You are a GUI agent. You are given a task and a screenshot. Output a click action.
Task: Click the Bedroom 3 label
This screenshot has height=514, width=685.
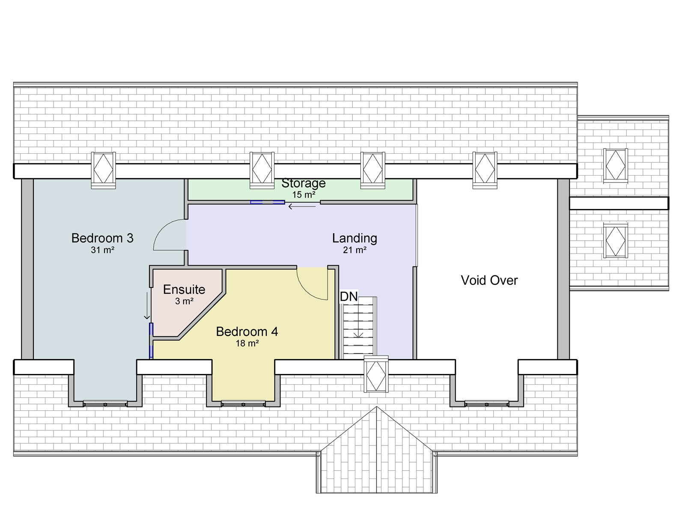click(x=102, y=238)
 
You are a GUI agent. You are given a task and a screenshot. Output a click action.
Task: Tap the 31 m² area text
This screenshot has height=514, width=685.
click(x=102, y=250)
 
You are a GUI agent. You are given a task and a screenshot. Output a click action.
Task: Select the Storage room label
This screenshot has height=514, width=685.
click(x=303, y=183)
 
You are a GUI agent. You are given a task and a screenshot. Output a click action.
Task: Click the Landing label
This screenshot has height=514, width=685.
click(x=354, y=238)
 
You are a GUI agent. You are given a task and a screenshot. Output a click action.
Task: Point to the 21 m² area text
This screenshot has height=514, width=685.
click(x=354, y=250)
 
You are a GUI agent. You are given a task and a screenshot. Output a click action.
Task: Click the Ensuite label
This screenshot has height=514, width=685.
click(x=184, y=290)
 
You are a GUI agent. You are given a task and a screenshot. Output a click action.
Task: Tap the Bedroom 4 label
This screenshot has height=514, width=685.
click(x=247, y=332)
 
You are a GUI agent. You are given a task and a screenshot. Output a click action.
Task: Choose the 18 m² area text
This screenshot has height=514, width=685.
click(x=247, y=344)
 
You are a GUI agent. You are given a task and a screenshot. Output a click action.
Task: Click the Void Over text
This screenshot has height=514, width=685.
click(x=489, y=281)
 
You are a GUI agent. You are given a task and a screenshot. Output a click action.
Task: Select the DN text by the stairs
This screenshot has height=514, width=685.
click(x=348, y=296)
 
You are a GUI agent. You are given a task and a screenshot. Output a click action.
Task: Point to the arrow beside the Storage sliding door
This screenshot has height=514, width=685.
click(x=302, y=207)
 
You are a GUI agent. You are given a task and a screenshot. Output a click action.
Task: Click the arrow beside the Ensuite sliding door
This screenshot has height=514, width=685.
click(x=147, y=306)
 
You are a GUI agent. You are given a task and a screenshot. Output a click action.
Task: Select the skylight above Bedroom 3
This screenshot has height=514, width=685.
click(x=103, y=170)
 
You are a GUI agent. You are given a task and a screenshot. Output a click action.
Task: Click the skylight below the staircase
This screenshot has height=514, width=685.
click(x=376, y=374)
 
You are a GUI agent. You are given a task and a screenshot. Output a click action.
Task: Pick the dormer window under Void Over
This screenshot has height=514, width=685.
click(x=486, y=403)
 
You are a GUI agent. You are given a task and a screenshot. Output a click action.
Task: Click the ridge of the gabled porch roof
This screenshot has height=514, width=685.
click(x=377, y=450)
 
